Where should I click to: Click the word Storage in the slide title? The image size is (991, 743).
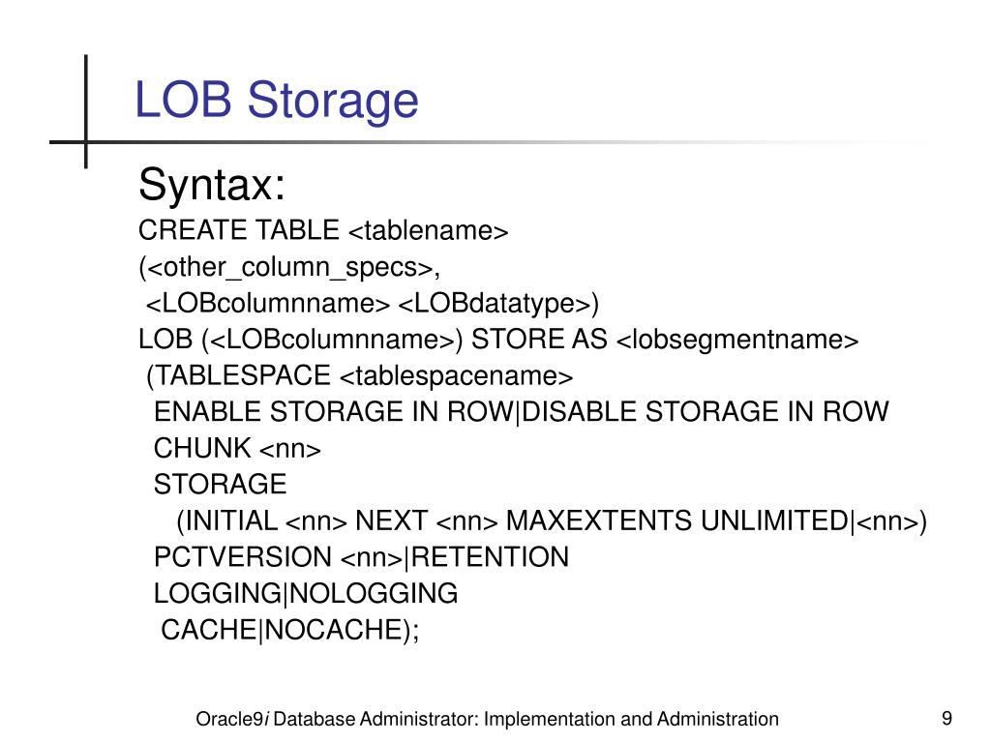[x=335, y=101]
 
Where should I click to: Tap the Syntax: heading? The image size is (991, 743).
[x=212, y=184]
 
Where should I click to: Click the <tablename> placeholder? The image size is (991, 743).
[x=428, y=231]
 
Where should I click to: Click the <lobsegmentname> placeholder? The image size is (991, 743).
[x=737, y=340]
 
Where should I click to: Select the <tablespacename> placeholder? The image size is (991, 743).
[x=457, y=375]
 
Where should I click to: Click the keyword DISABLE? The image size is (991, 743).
[x=581, y=411]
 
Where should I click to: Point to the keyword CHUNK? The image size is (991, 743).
[x=202, y=448]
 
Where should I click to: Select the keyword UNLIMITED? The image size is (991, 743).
[x=774, y=521]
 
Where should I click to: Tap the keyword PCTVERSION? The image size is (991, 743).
[x=242, y=557]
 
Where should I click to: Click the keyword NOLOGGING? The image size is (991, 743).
[x=375, y=593]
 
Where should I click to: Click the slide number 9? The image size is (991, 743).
[x=946, y=718]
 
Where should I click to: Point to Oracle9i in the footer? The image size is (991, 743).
[x=232, y=719]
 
